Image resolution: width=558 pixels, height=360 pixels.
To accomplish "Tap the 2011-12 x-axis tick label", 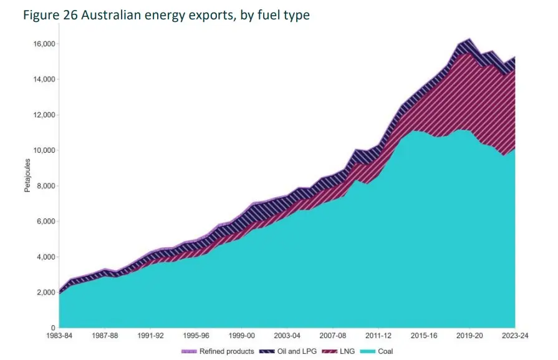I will [x=378, y=336].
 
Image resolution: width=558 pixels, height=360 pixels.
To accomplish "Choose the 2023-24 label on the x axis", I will [x=515, y=336].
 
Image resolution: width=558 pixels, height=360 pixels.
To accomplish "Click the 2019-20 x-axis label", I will [x=469, y=336].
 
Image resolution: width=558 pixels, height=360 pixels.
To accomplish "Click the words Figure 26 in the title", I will [x=47, y=15].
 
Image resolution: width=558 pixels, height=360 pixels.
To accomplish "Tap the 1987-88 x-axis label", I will [x=105, y=336].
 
